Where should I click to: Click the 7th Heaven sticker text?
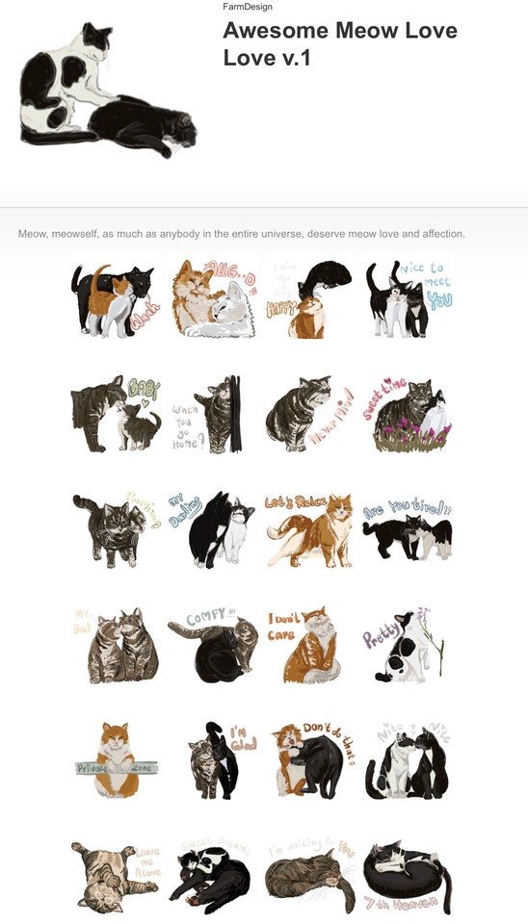402,904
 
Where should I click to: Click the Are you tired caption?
407,507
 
